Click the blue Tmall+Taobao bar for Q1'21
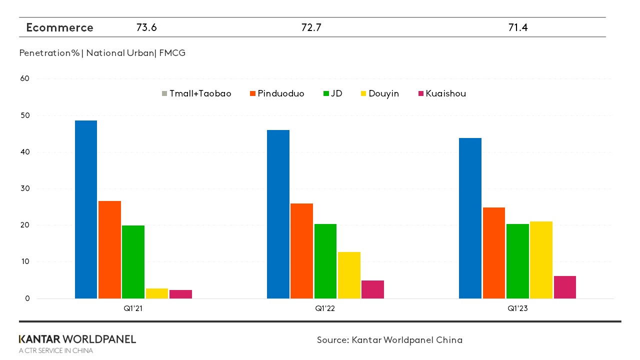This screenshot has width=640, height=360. (x=86, y=209)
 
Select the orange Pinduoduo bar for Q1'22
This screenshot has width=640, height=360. (x=301, y=251)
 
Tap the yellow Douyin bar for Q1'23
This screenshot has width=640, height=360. (x=541, y=260)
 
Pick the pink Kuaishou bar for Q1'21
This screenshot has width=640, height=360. (x=180, y=294)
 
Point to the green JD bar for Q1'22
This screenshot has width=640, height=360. (x=325, y=261)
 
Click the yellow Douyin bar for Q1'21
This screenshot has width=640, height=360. (x=157, y=293)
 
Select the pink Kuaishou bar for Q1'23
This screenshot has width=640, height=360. (x=564, y=287)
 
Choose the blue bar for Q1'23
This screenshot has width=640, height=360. (x=470, y=218)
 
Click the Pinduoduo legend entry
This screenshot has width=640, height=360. (x=277, y=93)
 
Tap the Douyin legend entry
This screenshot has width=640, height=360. (x=379, y=93)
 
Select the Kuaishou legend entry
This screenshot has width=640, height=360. (x=441, y=93)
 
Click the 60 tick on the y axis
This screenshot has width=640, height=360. (x=24, y=78)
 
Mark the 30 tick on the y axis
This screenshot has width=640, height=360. (x=24, y=188)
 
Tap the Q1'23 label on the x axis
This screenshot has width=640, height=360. (x=517, y=309)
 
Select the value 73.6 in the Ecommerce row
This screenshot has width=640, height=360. (x=146, y=27)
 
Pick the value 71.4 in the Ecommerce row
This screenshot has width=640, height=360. (x=518, y=27)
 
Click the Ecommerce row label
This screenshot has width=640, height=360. (x=59, y=27)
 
